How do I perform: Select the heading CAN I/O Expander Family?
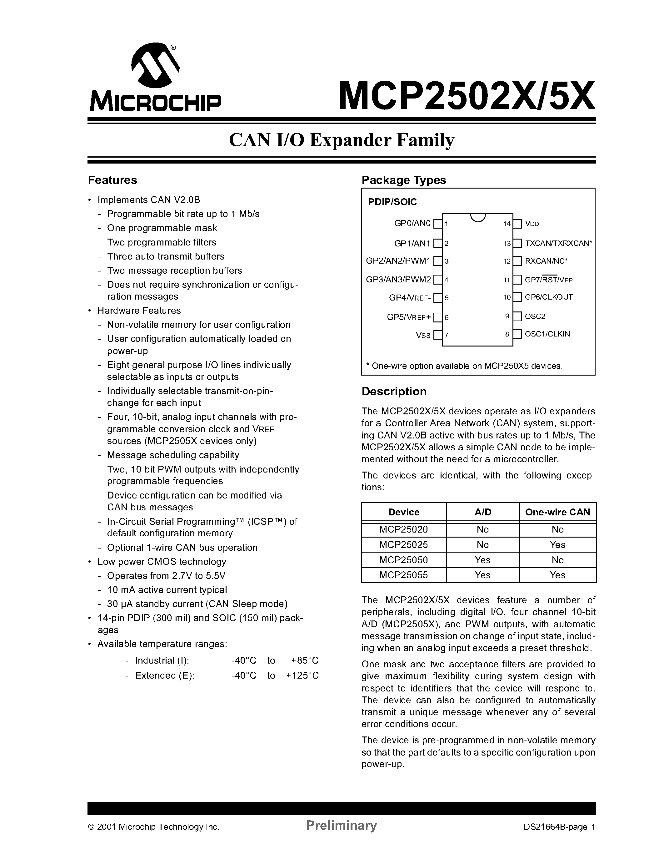coord(342,140)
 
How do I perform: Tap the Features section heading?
coord(112,180)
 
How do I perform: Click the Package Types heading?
coord(404,180)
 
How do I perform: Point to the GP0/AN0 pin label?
coord(412,223)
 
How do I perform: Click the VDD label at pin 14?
coord(532,224)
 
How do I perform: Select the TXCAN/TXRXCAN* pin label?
coord(558,243)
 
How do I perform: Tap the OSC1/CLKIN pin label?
coord(547,334)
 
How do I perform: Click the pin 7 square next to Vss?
coord(437,335)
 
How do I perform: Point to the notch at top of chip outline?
coord(478,217)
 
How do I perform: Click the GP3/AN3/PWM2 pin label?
coord(398,280)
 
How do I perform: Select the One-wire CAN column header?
coord(557,512)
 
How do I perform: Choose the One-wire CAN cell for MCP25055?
coord(557,575)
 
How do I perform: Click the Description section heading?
coord(394,392)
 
